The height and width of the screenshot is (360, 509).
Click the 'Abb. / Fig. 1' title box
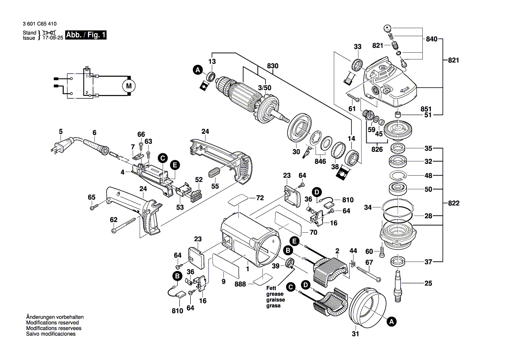tap(85, 35)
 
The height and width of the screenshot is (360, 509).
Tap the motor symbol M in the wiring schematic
tap(128, 85)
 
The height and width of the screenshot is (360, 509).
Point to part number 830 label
tap(273, 66)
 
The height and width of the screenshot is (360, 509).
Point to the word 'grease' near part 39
tap(275, 294)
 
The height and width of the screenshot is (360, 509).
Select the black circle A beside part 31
tap(391, 322)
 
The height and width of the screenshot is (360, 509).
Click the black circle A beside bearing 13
tap(198, 70)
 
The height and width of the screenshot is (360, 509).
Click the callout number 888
tap(240, 284)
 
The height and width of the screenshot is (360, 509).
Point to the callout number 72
tap(260, 198)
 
